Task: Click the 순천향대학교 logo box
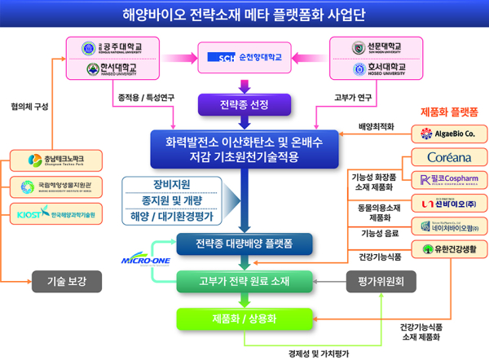244,58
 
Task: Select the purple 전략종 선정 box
244,104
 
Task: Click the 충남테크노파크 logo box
54,159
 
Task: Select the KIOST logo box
54,214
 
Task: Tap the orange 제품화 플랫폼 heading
448,110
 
